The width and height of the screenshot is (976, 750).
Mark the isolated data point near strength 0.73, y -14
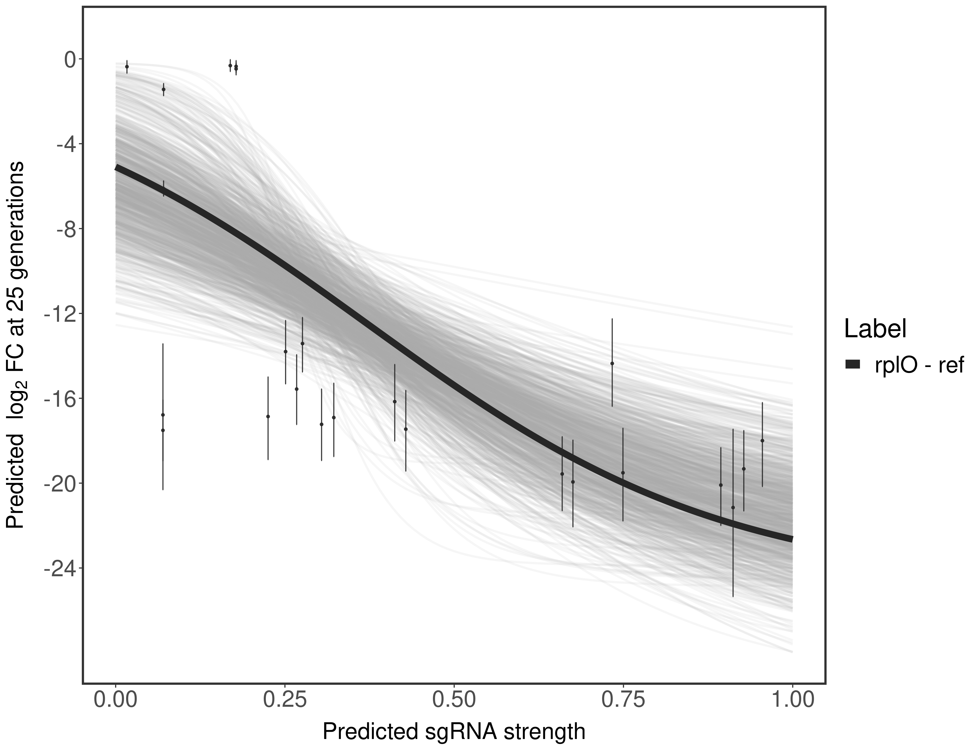click(612, 364)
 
